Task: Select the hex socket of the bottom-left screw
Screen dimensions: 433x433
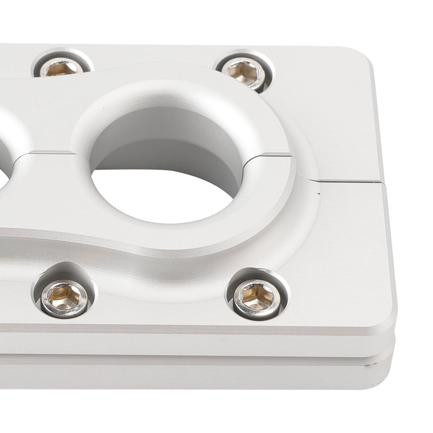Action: coord(63,297)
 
